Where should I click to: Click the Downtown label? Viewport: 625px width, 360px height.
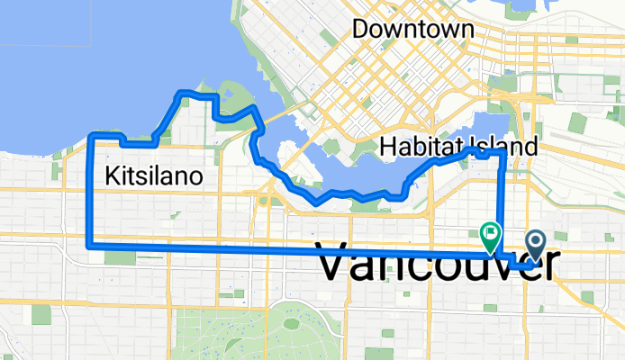tap(413, 29)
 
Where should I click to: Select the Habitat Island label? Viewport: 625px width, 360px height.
tap(459, 146)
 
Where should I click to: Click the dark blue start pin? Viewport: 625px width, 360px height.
tap(536, 244)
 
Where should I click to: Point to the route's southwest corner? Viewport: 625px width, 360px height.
tap(88, 244)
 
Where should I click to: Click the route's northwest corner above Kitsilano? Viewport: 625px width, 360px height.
tap(91, 135)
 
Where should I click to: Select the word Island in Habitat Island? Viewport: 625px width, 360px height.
tap(509, 146)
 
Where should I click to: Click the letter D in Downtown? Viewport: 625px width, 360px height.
tap(360, 29)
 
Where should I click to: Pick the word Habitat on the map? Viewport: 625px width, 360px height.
tap(422, 146)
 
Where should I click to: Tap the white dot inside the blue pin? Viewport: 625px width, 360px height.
tap(536, 239)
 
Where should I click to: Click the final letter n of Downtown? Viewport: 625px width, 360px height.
tap(466, 30)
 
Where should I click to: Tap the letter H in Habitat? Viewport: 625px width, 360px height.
tap(388, 146)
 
